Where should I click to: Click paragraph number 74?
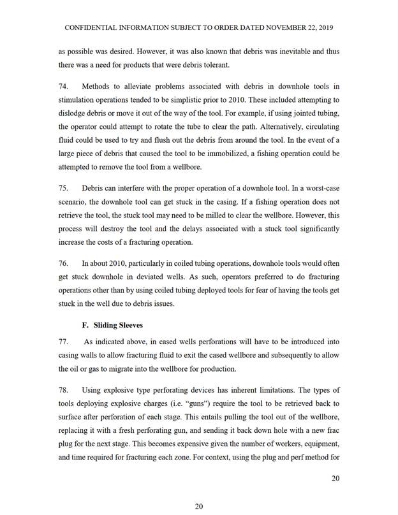63,87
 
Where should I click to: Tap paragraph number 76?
63,263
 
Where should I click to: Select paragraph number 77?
63,341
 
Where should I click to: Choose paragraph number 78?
63,389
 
